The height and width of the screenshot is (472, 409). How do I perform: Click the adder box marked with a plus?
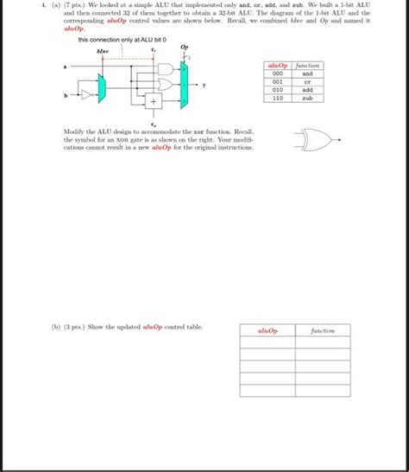pyautogui.click(x=154, y=102)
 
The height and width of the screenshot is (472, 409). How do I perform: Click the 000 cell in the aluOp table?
pyautogui.click(x=278, y=73)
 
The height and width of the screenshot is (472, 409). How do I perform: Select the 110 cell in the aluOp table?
pyautogui.click(x=278, y=99)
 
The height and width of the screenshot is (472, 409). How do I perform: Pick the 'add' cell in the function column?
pyautogui.click(x=307, y=90)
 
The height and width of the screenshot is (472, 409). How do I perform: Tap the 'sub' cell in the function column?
pyautogui.click(x=307, y=99)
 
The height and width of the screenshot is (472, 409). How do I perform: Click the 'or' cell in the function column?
pyautogui.click(x=307, y=82)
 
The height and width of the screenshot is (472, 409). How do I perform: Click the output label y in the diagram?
pyautogui.click(x=204, y=85)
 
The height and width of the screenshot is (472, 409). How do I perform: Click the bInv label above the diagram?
pyautogui.click(x=102, y=49)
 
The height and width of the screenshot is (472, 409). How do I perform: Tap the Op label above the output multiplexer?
pyautogui.click(x=186, y=48)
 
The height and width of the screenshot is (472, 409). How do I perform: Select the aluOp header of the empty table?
pyautogui.click(x=267, y=330)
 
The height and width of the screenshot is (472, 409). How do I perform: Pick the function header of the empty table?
pyautogui.click(x=324, y=330)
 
